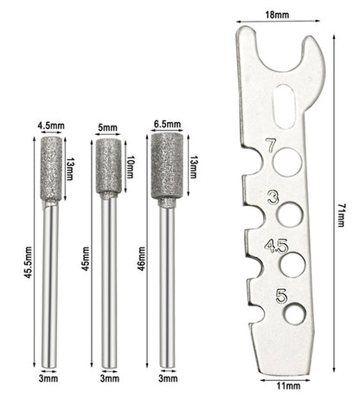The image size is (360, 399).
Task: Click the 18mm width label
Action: point(277,15)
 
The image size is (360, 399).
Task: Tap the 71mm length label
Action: point(341,216)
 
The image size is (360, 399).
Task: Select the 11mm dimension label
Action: point(288,386)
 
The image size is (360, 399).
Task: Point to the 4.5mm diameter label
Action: point(51,126)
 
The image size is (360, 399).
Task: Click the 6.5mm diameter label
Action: point(167,125)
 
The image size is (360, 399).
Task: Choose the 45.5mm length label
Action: point(28,262)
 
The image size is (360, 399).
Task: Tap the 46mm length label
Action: point(141,259)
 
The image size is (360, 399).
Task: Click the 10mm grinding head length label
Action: point(130,167)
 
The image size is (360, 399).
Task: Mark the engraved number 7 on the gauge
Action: point(271,145)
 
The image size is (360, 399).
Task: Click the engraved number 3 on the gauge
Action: point(273,198)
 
